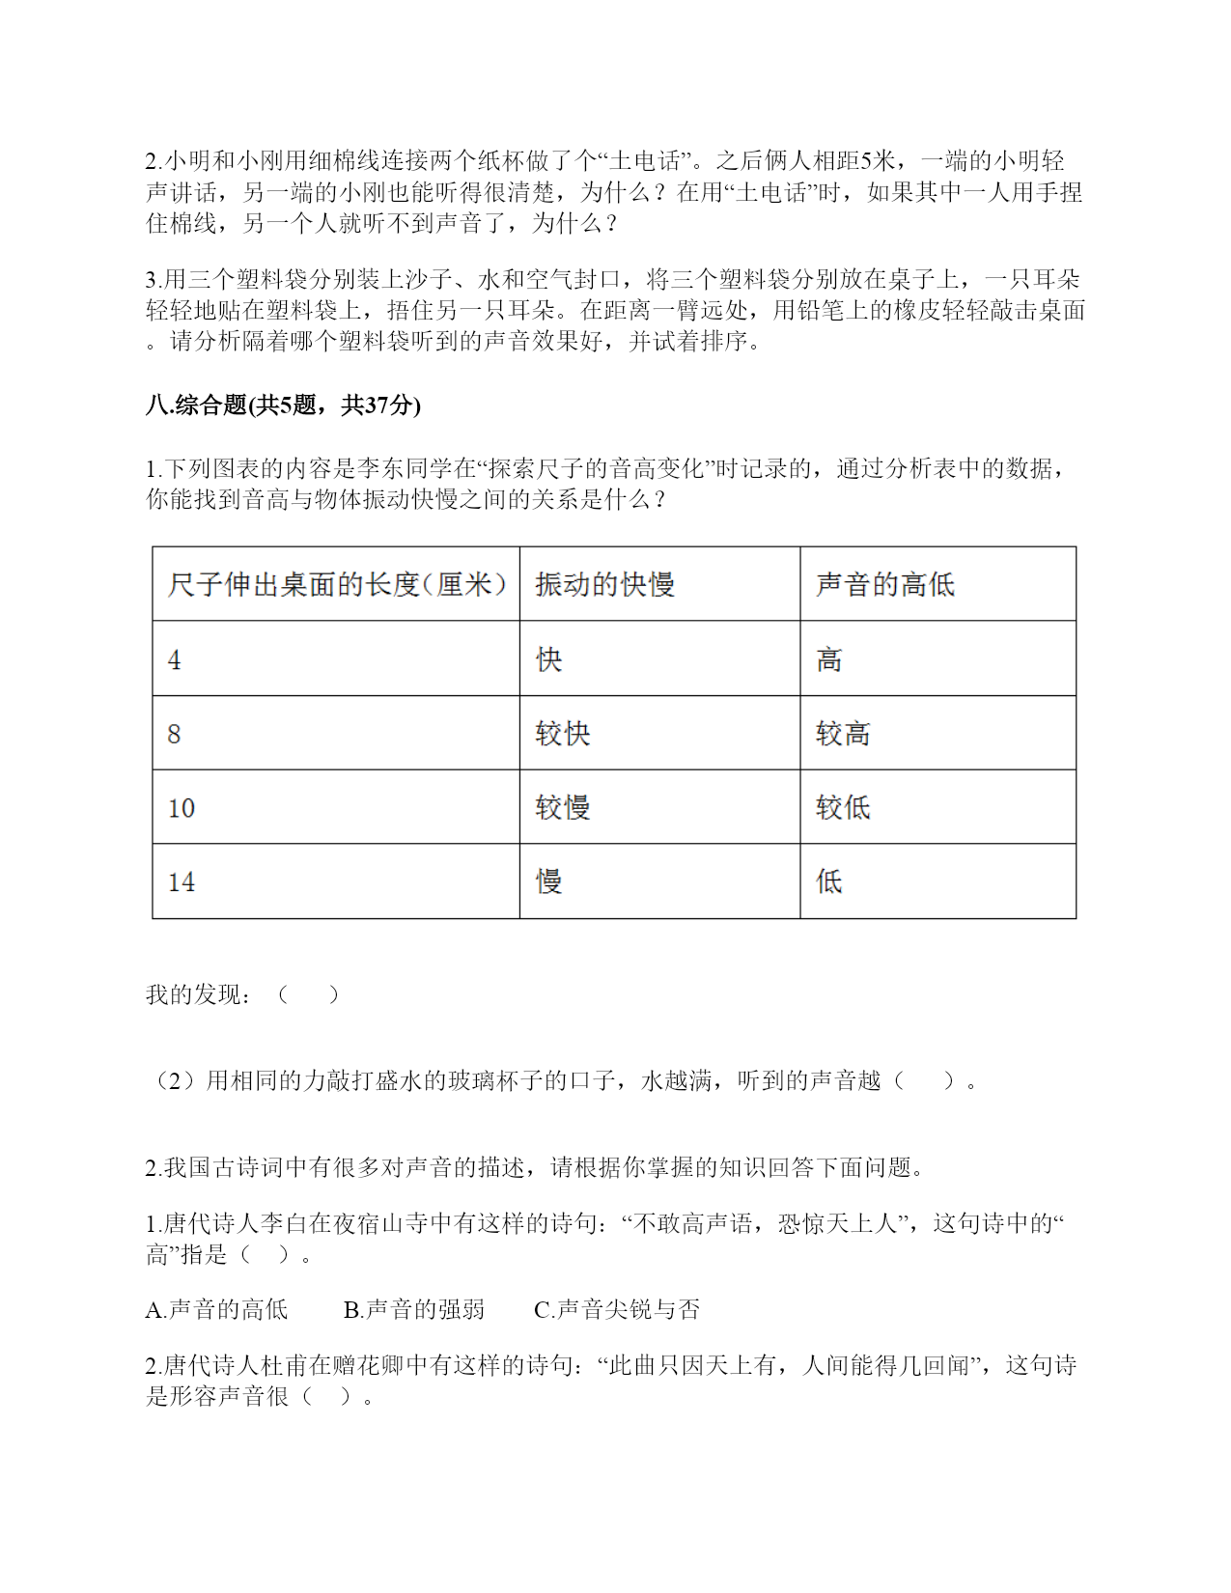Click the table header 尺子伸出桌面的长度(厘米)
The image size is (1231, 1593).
(x=336, y=584)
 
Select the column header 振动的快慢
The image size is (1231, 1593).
(x=604, y=584)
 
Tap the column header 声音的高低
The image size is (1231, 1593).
(x=884, y=584)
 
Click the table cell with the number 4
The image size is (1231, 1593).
(x=175, y=660)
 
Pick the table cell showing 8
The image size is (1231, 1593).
(x=175, y=734)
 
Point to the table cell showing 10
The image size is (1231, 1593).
(x=182, y=808)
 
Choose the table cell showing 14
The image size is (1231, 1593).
(x=182, y=882)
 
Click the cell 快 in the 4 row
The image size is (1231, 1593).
(x=549, y=660)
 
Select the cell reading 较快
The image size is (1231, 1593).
(x=563, y=734)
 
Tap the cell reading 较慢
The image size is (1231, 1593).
(x=563, y=808)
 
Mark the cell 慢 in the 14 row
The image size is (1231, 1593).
(x=549, y=882)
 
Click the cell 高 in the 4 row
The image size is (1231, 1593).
(x=829, y=660)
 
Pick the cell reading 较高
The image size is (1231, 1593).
(x=843, y=734)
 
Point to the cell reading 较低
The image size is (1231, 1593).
(x=843, y=808)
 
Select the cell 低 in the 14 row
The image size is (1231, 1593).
(x=829, y=882)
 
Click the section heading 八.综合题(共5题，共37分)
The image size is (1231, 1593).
(x=283, y=405)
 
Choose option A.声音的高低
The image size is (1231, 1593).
(x=217, y=1310)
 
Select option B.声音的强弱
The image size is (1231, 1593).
(x=414, y=1310)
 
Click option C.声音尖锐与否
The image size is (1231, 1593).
(x=617, y=1310)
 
